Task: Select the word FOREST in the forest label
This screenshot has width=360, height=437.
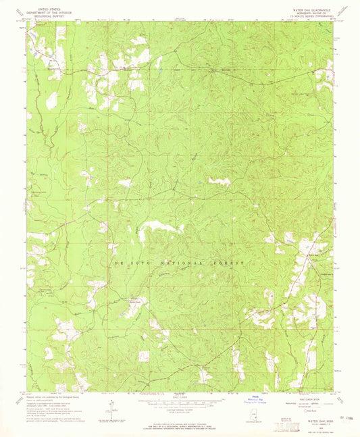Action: [230, 261]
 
